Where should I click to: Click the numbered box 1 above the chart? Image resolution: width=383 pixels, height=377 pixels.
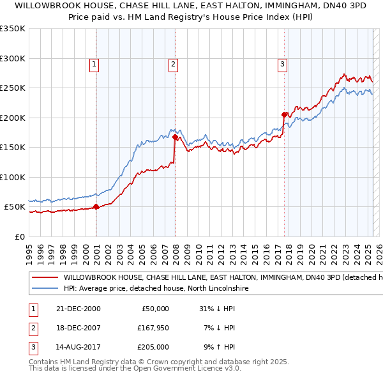coord(94,63)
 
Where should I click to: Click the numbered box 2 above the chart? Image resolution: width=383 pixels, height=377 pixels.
coord(173,63)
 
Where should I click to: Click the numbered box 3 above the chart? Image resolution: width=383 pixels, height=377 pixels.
coord(282,63)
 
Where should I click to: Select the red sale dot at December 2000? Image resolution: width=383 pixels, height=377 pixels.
coord(96,206)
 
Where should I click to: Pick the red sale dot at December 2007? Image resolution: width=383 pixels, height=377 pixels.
coord(175,137)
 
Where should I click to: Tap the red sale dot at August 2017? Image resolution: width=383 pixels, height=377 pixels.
coord(284,114)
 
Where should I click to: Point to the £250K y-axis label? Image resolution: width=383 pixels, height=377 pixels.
coord(13,88)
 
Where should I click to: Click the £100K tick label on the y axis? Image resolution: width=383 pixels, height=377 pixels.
coord(13,177)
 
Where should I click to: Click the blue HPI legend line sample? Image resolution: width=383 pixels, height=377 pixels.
coord(45,289)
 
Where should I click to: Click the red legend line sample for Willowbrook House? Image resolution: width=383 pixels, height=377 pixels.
coord(45,278)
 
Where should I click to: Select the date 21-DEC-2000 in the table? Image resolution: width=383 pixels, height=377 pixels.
coord(79,309)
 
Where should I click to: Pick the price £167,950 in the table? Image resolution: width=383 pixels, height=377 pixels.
coord(151,328)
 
